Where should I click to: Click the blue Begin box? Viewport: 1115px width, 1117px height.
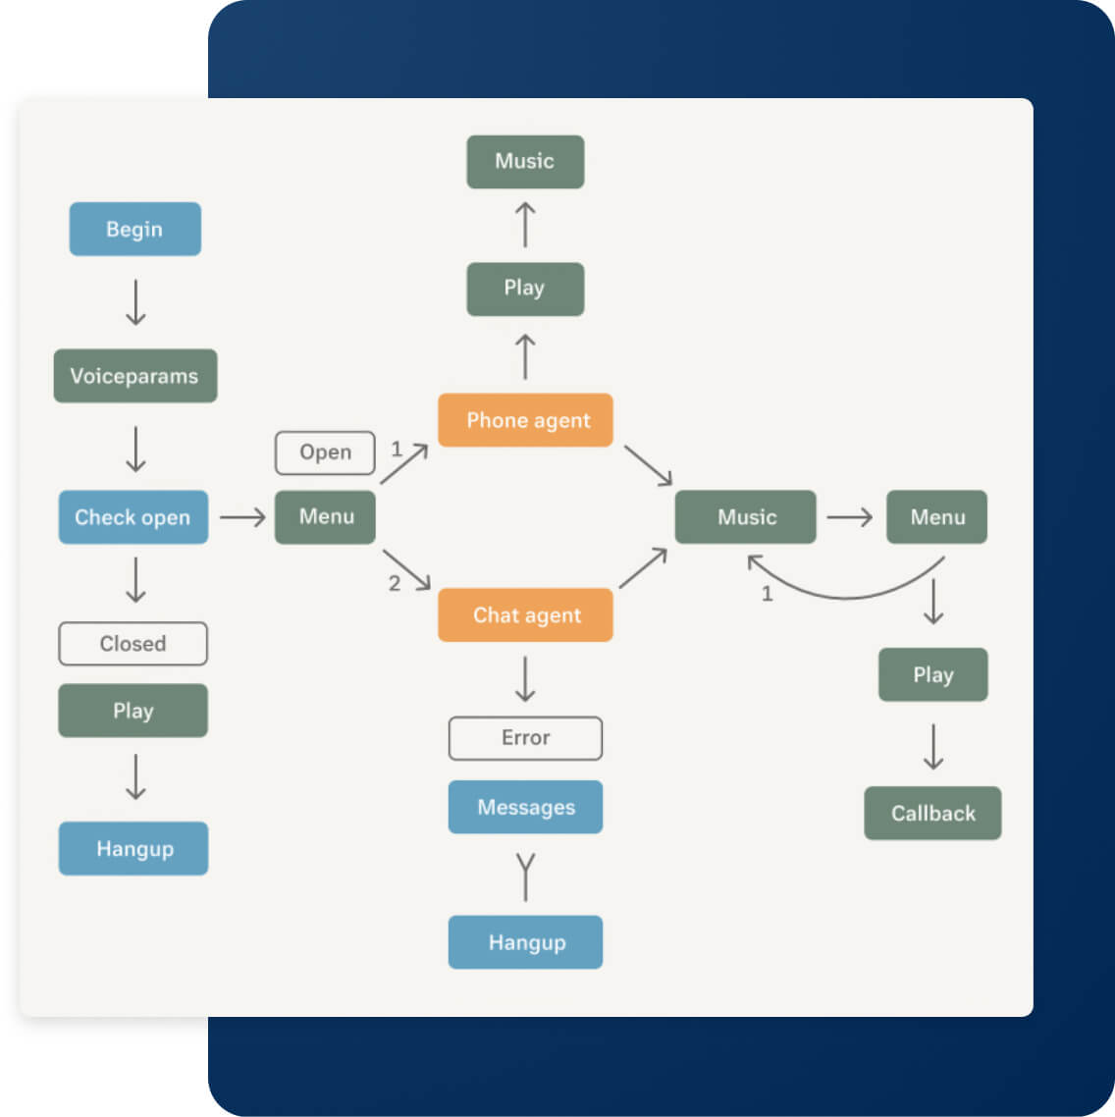134,229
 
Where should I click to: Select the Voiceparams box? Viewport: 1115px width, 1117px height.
134,376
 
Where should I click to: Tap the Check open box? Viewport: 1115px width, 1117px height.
133,517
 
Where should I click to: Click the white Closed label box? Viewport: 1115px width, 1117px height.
133,644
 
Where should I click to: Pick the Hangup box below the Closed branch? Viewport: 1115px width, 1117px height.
133,849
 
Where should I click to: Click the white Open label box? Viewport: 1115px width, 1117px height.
325,452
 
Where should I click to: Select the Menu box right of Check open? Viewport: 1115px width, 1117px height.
325,517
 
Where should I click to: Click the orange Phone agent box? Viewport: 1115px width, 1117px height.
525,420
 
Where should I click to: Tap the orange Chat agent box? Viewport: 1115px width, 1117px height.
525,615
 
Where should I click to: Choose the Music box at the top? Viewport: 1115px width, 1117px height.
525,162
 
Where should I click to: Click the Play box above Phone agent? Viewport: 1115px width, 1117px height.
525,289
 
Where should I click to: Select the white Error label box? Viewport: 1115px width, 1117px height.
525,738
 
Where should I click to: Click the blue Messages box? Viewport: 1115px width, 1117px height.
525,807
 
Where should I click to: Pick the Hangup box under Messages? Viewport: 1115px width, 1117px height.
525,942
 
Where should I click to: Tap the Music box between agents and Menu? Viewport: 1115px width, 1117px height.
745,517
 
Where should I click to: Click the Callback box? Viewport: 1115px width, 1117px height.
932,813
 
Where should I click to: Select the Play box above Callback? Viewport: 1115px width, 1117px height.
932,674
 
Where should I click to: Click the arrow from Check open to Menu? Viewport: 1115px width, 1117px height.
242,517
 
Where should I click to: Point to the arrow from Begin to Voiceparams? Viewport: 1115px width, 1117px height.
135,302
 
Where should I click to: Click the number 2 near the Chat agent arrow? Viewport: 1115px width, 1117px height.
395,584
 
